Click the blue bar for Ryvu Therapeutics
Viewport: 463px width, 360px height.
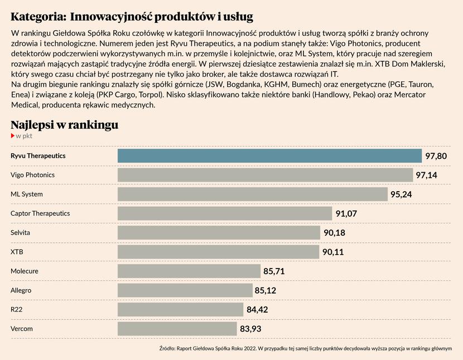coord(269,155)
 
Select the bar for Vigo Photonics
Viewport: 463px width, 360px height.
coord(265,175)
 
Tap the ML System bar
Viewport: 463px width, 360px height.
coord(252,194)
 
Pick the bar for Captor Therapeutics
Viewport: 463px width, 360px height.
coord(225,213)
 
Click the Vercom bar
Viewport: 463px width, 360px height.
coord(177,329)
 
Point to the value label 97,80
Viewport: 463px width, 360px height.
coord(436,156)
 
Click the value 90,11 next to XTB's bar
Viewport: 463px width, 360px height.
coord(333,252)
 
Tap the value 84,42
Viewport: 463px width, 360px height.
coord(257,310)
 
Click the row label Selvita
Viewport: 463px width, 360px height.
coord(20,232)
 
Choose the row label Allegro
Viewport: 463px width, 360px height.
coord(21,290)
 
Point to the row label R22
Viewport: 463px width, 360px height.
coord(17,309)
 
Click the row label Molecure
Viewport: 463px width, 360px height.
coord(25,271)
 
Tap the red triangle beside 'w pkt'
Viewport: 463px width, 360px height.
coord(12,135)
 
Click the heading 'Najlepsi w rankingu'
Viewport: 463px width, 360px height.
coord(64,124)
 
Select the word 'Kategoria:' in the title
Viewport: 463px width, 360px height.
coord(37,16)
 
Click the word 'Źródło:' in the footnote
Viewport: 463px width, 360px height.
coord(167,349)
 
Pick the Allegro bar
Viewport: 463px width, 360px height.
coord(185,290)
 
